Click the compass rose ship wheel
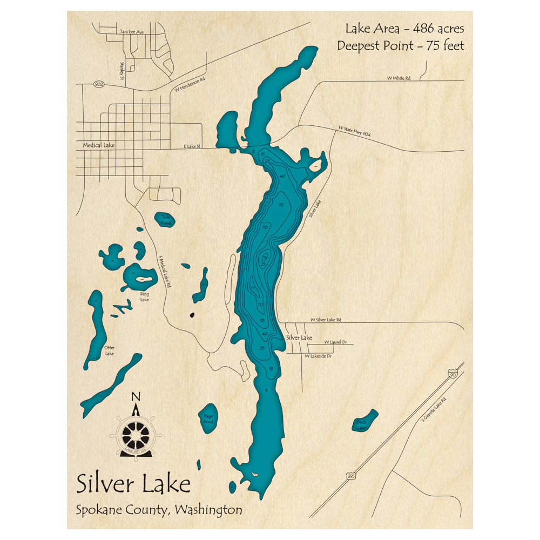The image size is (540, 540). pyautogui.click(x=136, y=433)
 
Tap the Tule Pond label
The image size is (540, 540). pyautogui.click(x=165, y=219)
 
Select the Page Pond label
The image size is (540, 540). pyautogui.click(x=208, y=418)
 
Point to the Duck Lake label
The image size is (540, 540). pyautogui.click(x=361, y=424)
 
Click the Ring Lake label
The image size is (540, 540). pyautogui.click(x=144, y=296)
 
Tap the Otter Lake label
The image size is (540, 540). pyautogui.click(x=110, y=350)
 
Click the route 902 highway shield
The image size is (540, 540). pyautogui.click(x=98, y=84)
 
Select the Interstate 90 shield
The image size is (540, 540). pyautogui.click(x=451, y=374)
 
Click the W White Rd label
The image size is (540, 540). pyautogui.click(x=399, y=78)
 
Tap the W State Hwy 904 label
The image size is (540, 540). pyautogui.click(x=354, y=131)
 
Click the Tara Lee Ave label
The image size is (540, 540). pyautogui.click(x=132, y=32)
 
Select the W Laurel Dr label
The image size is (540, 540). pyautogui.click(x=335, y=342)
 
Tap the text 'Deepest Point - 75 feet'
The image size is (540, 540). pyautogui.click(x=400, y=46)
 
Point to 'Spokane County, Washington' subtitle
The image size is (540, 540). pyautogui.click(x=159, y=509)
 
